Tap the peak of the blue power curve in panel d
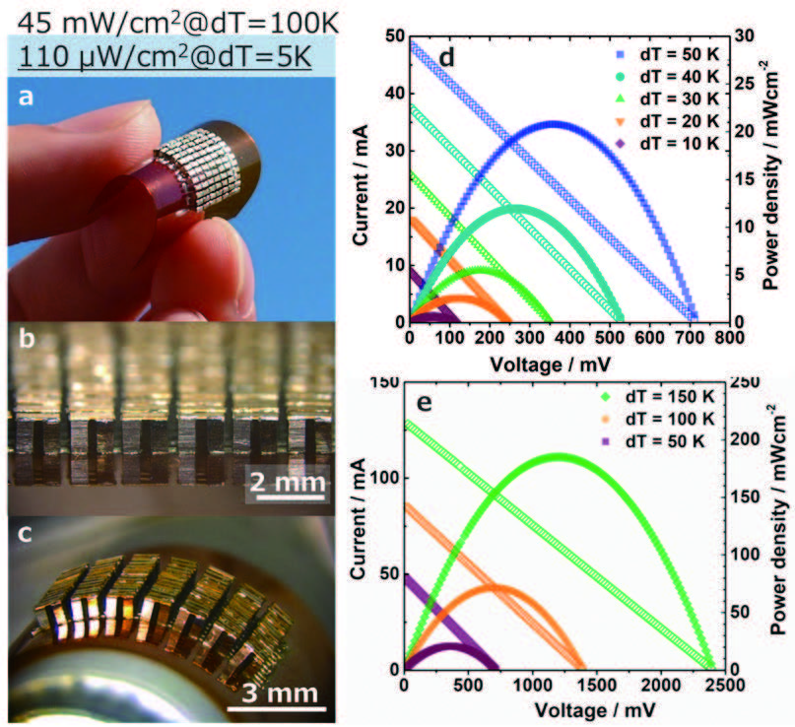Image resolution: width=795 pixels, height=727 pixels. [555, 123]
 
